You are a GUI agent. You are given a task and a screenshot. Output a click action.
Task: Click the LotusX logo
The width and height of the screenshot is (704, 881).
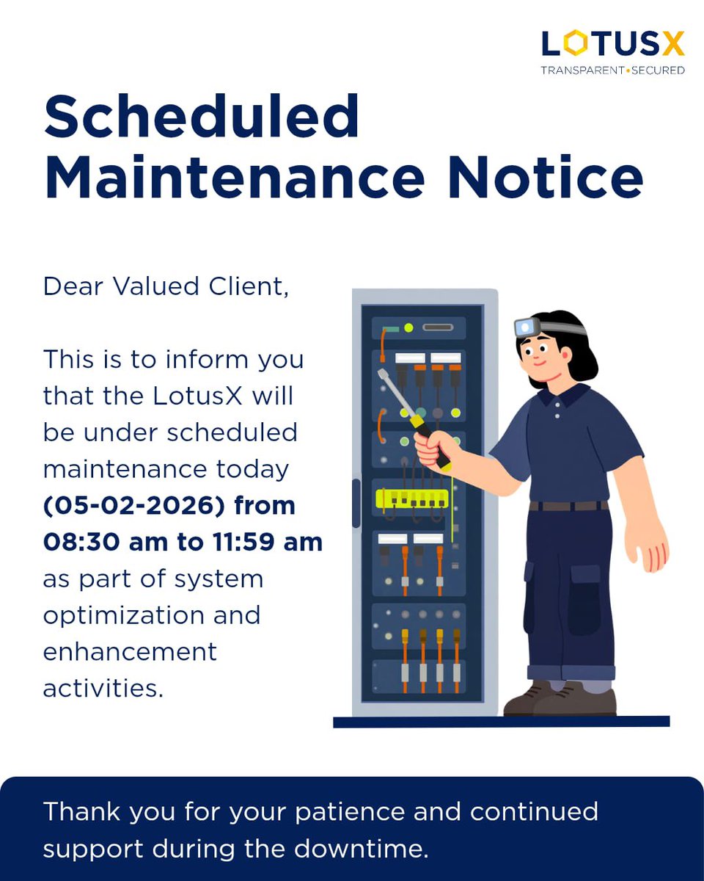pyautogui.click(x=612, y=44)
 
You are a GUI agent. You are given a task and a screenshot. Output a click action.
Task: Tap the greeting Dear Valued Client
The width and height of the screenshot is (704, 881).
pyautogui.click(x=166, y=286)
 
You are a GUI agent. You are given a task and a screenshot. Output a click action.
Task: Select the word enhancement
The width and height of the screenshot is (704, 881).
pyautogui.click(x=130, y=651)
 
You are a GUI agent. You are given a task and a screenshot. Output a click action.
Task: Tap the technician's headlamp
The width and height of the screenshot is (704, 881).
pyautogui.click(x=525, y=327)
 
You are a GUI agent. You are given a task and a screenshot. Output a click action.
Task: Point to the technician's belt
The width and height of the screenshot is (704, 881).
pyautogui.click(x=568, y=506)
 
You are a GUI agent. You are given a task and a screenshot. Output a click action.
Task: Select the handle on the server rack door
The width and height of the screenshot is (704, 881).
pyautogui.click(x=356, y=503)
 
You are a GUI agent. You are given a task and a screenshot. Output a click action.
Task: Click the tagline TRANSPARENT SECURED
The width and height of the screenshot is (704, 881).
pyautogui.click(x=612, y=70)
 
